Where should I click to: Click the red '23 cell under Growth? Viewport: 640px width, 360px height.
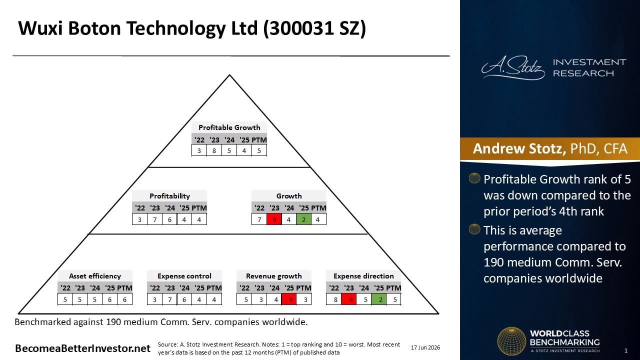tap(274, 219)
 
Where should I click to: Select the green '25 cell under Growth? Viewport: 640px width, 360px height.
tap(303, 219)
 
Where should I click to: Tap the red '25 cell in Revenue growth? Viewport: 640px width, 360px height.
tap(289, 299)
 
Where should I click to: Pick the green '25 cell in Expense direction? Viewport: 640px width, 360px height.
tap(378, 299)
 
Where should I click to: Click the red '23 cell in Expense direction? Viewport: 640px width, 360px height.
tap(349, 299)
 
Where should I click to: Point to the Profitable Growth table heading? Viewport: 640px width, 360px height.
tap(229, 127)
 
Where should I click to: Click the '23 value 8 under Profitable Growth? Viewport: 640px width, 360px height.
tap(214, 150)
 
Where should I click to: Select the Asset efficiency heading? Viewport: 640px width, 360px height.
tap(95, 276)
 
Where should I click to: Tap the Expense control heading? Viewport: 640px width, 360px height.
tap(184, 276)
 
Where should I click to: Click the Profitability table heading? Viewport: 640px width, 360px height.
tap(169, 196)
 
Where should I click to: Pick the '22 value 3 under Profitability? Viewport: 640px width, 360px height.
tap(139, 219)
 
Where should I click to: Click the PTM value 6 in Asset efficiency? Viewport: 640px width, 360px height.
tap(124, 299)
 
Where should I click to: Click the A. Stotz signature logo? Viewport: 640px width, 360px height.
tap(513, 67)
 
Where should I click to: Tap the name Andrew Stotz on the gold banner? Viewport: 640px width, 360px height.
tap(519, 148)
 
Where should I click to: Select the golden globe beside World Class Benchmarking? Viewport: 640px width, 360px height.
tap(511, 341)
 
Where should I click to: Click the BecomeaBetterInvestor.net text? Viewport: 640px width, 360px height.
tap(82, 348)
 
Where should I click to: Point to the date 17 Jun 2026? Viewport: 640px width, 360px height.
tap(425, 347)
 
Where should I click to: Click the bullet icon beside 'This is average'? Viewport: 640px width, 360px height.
tap(474, 229)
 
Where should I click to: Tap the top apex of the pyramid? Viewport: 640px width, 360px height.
tap(229, 75)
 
